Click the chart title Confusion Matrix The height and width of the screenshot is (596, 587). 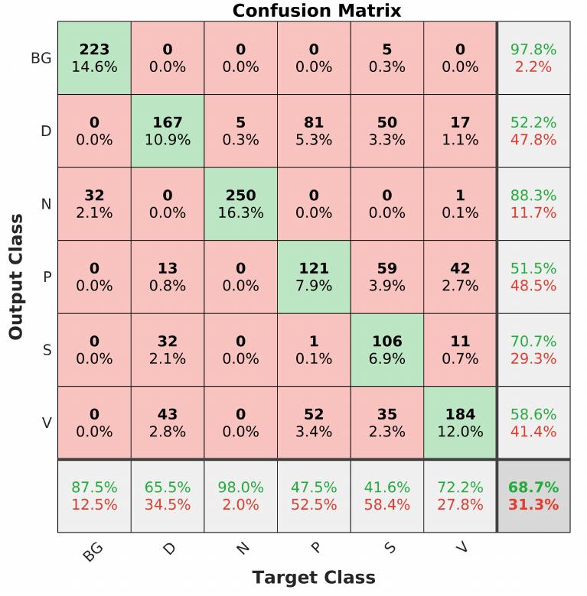click(316, 11)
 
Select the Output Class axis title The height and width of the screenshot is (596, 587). click(16, 277)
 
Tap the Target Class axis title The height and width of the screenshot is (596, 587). click(314, 578)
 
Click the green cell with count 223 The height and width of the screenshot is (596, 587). click(94, 58)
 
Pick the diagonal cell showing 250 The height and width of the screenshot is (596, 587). click(240, 204)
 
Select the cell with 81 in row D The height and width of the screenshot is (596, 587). click(314, 131)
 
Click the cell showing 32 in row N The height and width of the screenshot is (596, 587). click(94, 204)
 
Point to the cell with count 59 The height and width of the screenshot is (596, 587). click(386, 277)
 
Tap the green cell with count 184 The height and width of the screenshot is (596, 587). click(460, 423)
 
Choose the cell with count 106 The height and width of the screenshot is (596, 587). click(386, 350)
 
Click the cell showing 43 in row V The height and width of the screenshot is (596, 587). click(168, 423)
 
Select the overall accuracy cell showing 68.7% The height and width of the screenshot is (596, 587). click(533, 496)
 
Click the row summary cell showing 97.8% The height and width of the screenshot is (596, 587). click(533, 58)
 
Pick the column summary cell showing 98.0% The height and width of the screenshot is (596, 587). click(240, 496)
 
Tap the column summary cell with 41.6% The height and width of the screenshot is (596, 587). click(386, 496)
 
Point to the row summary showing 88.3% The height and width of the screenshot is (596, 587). click(533, 204)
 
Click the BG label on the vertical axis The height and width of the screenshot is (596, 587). click(41, 58)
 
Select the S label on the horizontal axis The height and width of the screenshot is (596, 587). click(390, 548)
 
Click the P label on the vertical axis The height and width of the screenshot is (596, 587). click(46, 277)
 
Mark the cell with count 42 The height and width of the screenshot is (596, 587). click(460, 277)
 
